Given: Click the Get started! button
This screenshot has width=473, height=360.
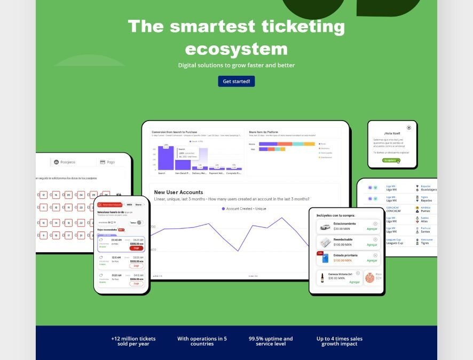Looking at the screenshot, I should [236, 81].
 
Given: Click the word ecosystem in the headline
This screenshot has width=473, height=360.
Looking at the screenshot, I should [236, 49].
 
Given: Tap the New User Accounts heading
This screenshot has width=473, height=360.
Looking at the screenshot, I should [178, 192].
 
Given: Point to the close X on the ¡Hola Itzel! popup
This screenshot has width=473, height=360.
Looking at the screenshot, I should [409, 127].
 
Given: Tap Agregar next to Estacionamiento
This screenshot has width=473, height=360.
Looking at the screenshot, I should [372, 229].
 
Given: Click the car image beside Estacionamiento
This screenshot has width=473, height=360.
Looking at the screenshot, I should [325, 226].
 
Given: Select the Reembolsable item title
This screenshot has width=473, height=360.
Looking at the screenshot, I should [343, 239].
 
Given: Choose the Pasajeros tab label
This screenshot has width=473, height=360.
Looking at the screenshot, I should [68, 162].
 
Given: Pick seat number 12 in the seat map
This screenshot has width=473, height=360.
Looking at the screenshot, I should [44, 195].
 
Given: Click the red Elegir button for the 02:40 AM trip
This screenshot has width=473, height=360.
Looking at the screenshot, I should [136, 248].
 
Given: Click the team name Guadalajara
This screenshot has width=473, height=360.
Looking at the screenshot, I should [429, 189].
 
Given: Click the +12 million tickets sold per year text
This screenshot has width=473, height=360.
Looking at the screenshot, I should [133, 341].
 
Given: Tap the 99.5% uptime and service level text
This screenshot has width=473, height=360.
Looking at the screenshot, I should [271, 341].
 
